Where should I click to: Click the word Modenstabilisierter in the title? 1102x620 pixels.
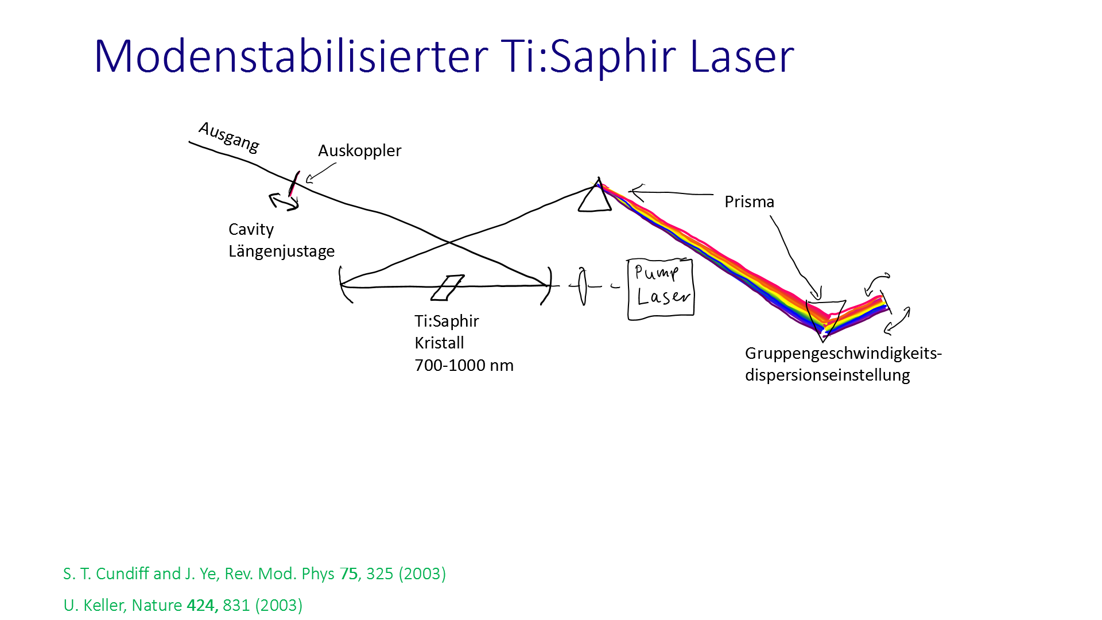click(291, 56)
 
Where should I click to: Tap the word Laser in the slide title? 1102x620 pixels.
click(742, 56)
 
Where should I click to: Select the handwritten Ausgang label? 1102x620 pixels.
click(229, 137)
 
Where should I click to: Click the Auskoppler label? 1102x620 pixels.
click(359, 150)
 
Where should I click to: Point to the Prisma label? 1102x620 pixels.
click(749, 201)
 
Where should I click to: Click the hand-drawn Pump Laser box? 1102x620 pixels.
click(661, 288)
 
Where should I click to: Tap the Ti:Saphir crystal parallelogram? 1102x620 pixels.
click(448, 288)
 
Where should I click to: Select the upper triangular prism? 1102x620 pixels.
click(595, 196)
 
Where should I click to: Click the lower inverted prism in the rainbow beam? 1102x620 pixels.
click(825, 319)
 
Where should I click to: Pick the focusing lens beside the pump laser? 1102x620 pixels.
click(582, 286)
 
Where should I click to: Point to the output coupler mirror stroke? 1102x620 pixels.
click(294, 183)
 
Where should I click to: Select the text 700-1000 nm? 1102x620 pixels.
click(464, 365)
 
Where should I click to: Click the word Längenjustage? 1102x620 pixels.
click(281, 251)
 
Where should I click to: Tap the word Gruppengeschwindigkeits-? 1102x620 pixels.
click(843, 354)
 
